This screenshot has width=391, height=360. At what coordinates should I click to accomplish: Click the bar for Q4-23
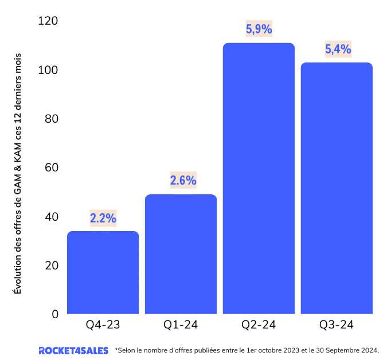click(103, 272)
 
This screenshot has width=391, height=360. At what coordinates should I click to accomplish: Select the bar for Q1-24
click(181, 254)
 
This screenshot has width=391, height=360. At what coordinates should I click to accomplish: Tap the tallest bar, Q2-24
click(259, 178)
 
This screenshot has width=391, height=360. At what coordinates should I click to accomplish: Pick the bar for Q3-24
click(337, 188)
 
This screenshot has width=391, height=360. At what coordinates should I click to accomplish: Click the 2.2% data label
click(103, 218)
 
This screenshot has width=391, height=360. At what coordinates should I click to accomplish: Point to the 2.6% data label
click(183, 180)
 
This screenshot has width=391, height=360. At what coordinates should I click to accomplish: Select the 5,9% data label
click(259, 29)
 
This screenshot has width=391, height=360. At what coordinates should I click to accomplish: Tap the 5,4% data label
click(338, 49)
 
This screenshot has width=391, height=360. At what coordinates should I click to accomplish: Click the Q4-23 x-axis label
click(103, 324)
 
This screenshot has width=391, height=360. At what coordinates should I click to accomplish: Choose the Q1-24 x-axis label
click(181, 324)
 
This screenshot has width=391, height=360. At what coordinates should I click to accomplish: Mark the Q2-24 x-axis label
click(259, 324)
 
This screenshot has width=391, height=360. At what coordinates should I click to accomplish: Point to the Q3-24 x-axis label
click(337, 324)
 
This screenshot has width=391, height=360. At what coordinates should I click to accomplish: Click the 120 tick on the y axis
click(48, 21)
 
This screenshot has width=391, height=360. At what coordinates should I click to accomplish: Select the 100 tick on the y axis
click(48, 70)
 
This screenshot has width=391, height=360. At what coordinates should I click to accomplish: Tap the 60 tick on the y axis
click(52, 167)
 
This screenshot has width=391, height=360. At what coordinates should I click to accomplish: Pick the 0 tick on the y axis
click(55, 314)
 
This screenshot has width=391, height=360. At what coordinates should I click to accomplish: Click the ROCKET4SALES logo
click(73, 350)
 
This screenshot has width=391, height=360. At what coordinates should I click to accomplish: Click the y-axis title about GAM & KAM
click(17, 174)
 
